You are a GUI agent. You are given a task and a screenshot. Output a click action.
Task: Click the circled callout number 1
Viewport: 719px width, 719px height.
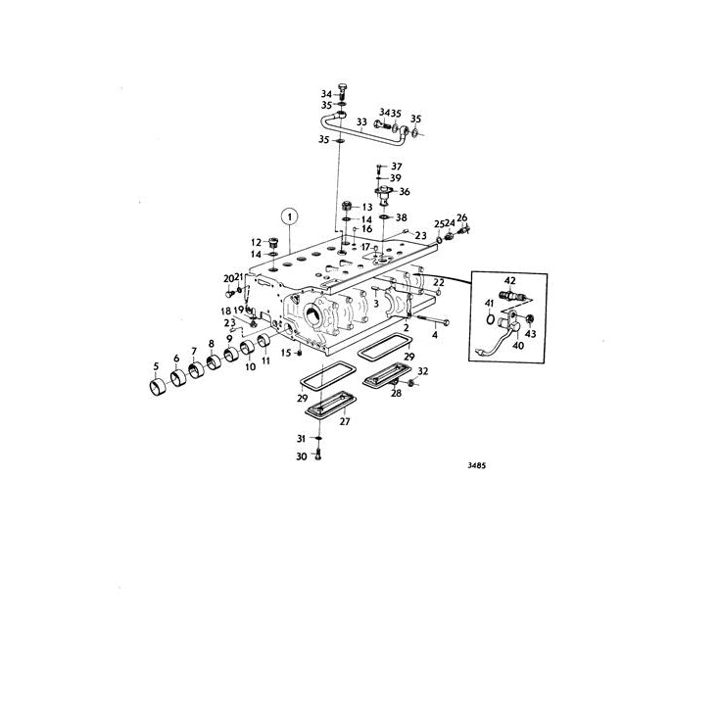click(x=289, y=216)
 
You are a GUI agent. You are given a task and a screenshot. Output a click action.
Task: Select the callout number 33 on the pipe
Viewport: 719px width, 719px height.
click(x=361, y=123)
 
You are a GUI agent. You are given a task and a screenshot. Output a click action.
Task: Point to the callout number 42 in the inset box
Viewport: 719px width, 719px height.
click(x=509, y=280)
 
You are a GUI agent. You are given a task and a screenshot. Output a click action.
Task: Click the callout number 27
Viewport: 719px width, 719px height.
click(x=344, y=421)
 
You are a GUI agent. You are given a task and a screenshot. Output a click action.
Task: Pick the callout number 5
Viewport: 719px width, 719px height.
click(x=155, y=368)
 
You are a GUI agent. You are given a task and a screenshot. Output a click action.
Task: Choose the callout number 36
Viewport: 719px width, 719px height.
click(x=404, y=192)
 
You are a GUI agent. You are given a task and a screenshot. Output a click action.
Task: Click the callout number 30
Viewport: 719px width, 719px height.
click(x=303, y=456)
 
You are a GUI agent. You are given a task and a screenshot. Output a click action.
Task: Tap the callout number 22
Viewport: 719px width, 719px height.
click(x=440, y=283)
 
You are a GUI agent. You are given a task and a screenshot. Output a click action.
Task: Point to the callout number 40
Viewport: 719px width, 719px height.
click(x=518, y=344)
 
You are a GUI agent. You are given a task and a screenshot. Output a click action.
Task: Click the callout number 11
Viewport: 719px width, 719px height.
click(x=264, y=360)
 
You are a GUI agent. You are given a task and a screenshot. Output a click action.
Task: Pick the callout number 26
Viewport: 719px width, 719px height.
click(x=462, y=217)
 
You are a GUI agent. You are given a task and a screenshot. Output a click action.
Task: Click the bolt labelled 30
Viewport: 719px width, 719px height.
click(x=318, y=456)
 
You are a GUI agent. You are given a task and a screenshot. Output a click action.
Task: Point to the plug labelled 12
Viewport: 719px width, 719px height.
click(x=273, y=242)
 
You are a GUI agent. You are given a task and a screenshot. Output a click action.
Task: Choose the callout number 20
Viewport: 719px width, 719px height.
click(x=227, y=278)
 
